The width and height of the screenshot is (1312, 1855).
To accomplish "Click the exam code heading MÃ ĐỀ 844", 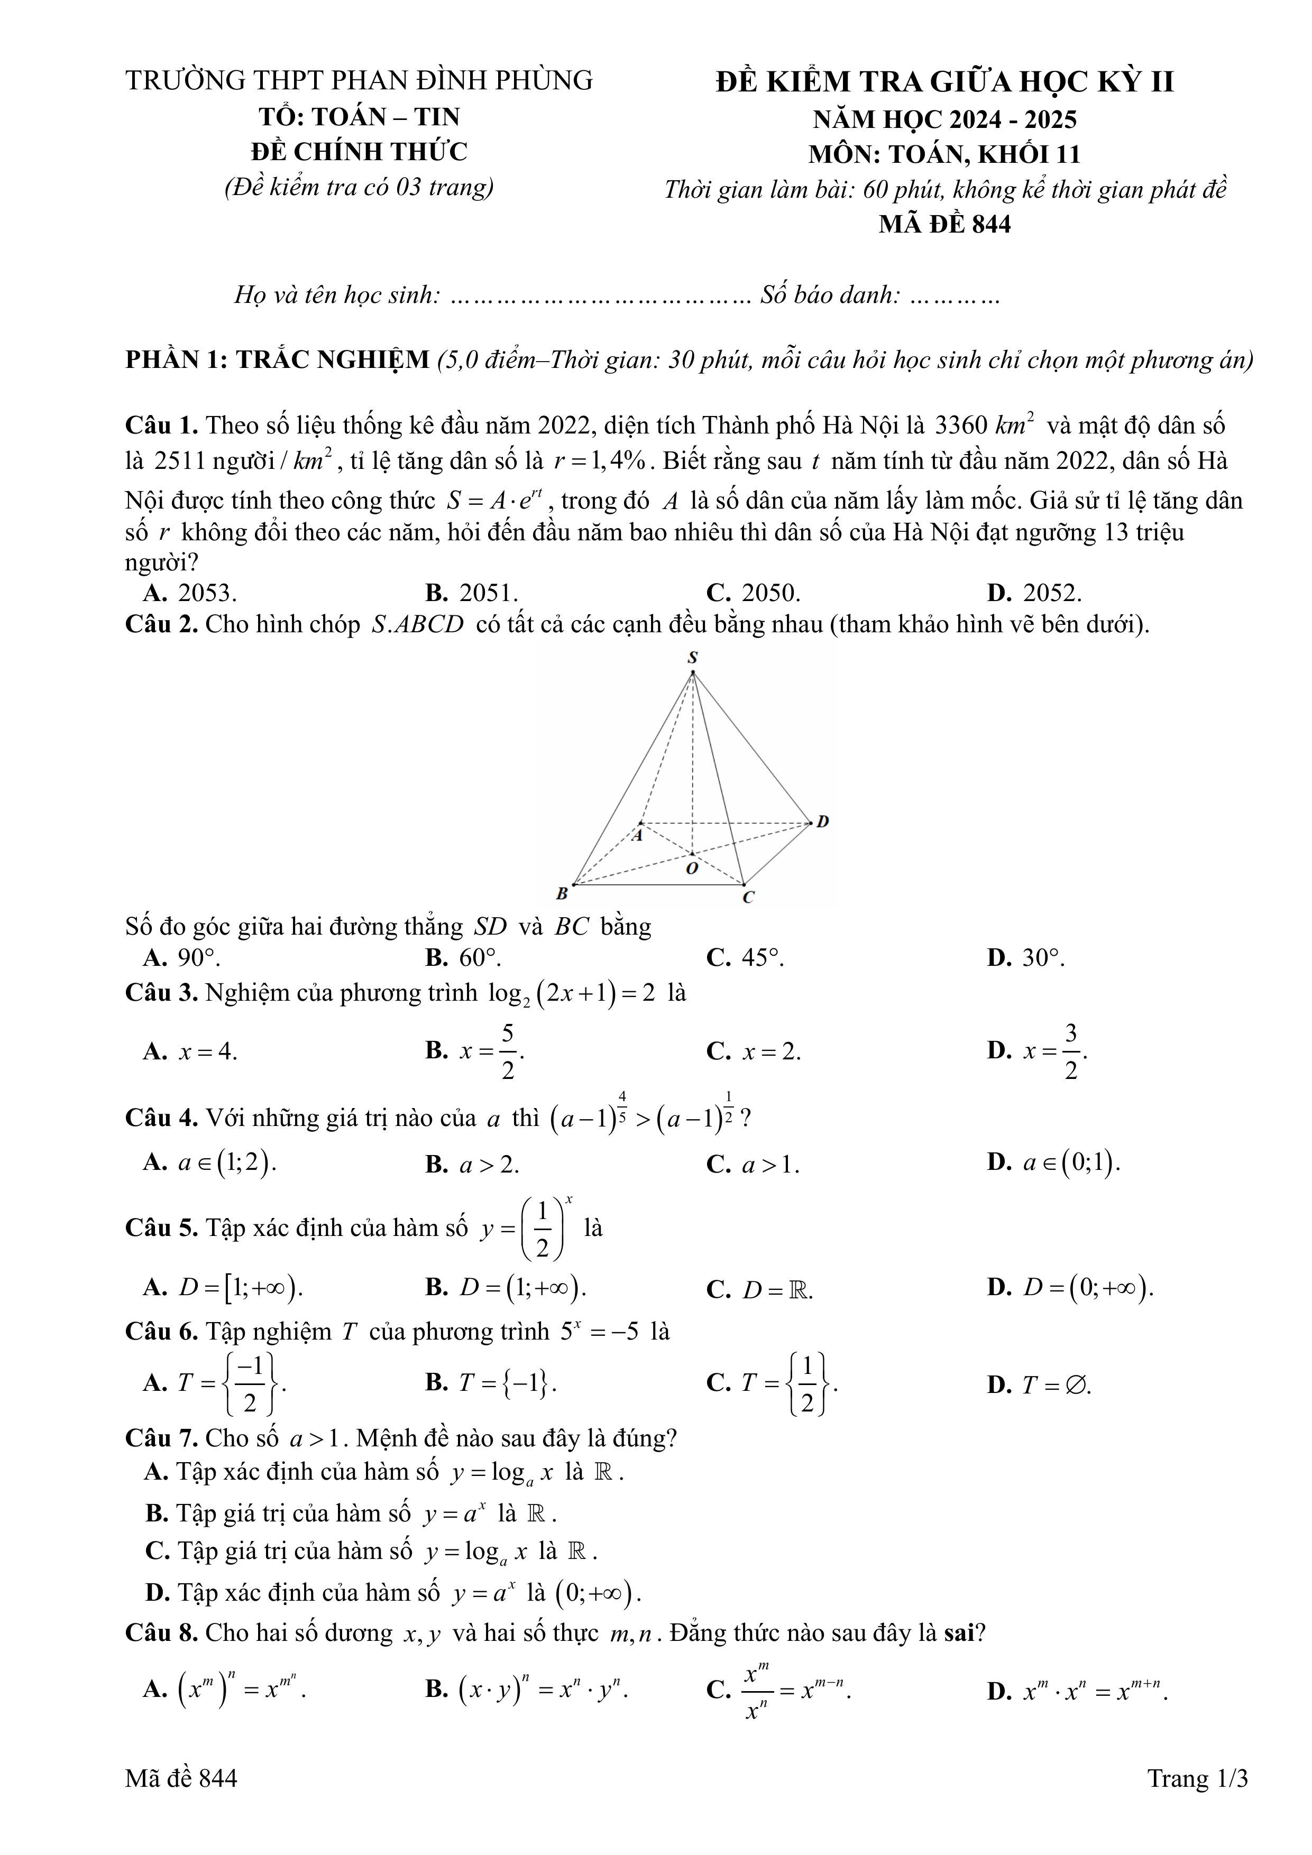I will pyautogui.click(x=944, y=224).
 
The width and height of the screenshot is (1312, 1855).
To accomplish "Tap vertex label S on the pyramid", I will pyautogui.click(x=693, y=658).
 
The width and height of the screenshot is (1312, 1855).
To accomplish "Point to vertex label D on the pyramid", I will pyautogui.click(x=822, y=822).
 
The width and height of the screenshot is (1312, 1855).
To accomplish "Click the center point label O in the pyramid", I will pyautogui.click(x=692, y=869).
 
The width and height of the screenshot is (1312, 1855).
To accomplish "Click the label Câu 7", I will pyautogui.click(x=161, y=1438).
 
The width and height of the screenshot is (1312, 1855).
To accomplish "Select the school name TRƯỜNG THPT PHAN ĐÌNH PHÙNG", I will pyautogui.click(x=359, y=80).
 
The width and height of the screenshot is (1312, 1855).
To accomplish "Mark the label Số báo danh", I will pyautogui.click(x=829, y=295).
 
